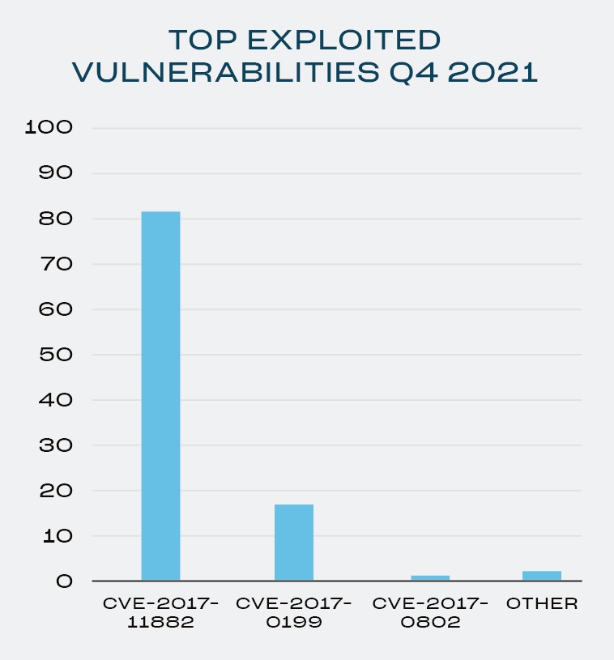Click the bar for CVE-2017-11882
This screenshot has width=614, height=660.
pos(160,395)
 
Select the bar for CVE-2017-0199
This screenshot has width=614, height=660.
pos(293,542)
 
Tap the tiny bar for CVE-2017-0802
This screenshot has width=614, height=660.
pos(430,577)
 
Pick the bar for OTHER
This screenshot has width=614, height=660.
pos(541,575)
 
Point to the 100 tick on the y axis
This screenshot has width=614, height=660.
pos(49,128)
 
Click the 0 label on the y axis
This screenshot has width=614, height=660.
pos(64,581)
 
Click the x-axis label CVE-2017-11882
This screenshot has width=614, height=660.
pos(160,613)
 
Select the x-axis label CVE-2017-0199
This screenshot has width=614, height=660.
pos(293,613)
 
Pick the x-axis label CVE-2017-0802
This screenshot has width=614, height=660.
pos(430,613)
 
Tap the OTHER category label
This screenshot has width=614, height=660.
pos(541,604)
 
